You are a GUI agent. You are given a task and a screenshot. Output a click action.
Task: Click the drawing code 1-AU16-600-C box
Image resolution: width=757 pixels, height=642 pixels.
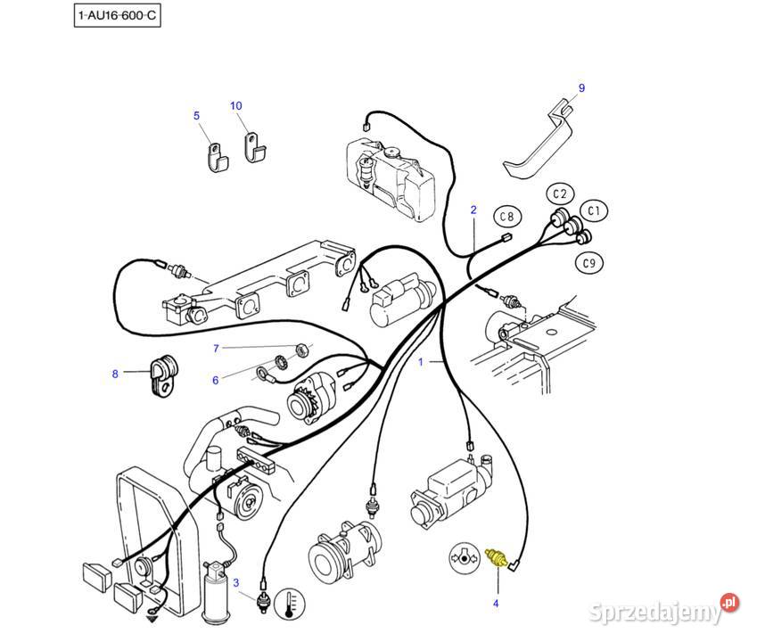point(119,16)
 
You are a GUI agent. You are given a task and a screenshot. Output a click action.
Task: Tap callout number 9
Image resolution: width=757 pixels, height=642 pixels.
point(581,88)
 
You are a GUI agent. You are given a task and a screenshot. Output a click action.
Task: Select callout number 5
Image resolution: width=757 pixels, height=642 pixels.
point(197,116)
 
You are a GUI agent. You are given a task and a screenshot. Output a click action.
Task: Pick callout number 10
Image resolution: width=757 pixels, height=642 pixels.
point(236,106)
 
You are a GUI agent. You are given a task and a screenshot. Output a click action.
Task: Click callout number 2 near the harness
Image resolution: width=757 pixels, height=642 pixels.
point(473,210)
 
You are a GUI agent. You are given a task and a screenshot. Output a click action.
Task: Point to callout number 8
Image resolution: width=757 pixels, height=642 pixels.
point(115,374)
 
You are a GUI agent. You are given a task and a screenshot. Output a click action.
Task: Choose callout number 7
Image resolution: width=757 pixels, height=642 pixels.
point(215,348)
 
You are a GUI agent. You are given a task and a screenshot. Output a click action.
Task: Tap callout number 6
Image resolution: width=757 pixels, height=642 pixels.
point(215,381)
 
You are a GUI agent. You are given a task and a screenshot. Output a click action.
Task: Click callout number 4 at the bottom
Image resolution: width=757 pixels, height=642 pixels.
point(496,604)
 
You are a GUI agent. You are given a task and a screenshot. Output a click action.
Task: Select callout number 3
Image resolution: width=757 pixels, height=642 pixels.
point(236,583)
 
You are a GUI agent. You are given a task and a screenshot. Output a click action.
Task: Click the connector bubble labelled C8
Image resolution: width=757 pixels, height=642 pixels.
point(506,217)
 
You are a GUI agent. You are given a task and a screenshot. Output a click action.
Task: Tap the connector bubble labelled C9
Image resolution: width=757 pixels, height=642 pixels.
point(588,262)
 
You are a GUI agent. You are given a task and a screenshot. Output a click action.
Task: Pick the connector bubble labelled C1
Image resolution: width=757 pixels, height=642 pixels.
point(595,211)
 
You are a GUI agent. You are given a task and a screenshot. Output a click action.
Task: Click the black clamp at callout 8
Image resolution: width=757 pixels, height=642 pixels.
point(161,374)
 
